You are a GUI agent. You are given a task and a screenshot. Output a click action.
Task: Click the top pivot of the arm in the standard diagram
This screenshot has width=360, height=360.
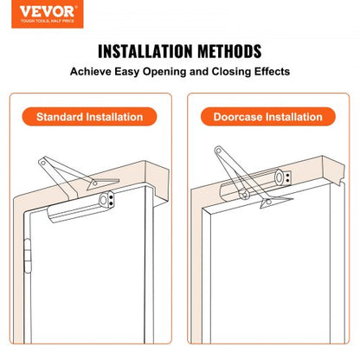tap(42, 160)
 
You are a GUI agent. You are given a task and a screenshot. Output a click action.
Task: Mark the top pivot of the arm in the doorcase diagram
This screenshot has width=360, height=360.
tap(219, 153)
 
